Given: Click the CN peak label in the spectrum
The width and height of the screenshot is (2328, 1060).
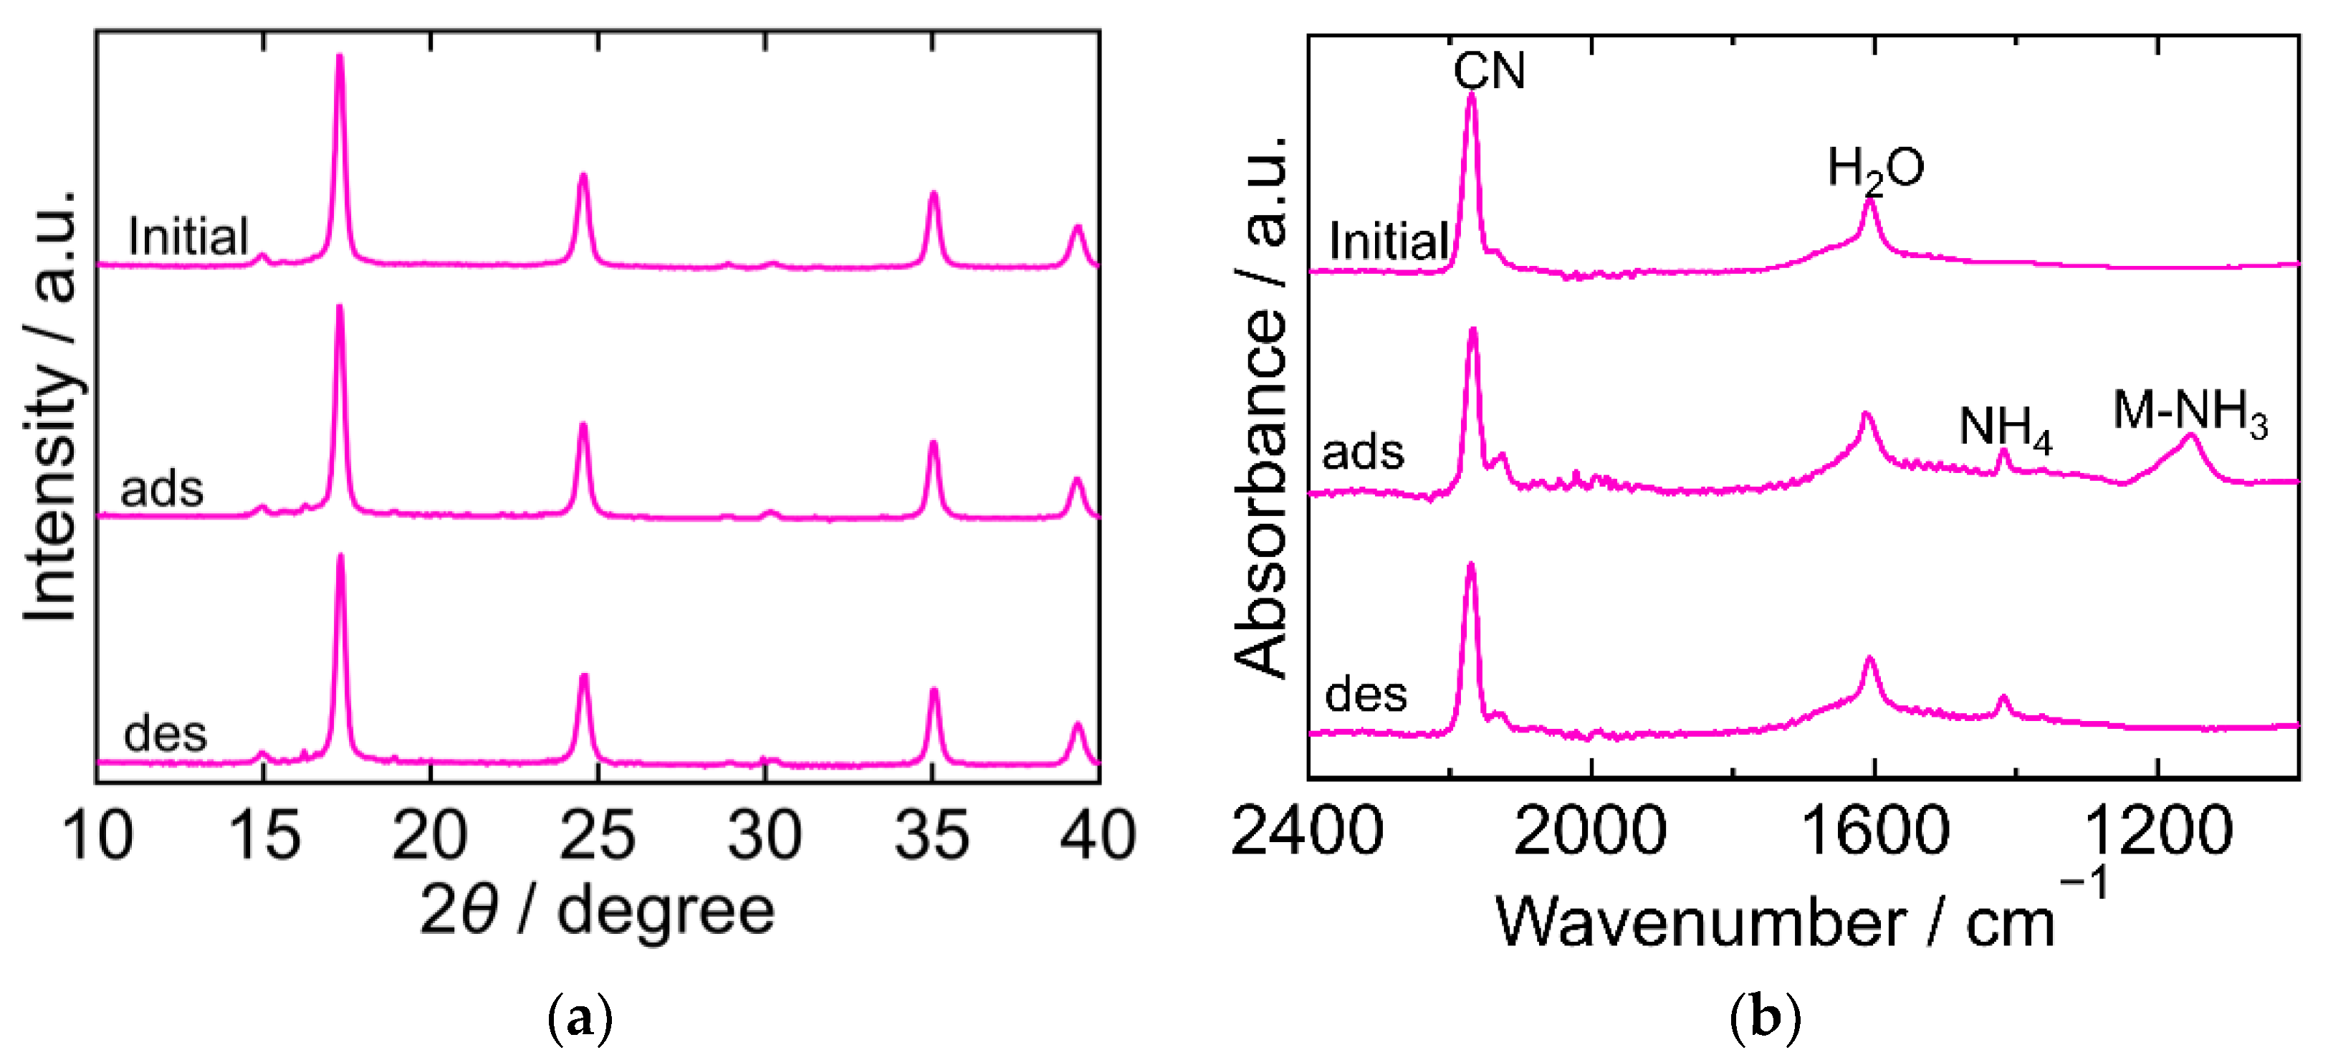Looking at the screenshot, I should click(1488, 70).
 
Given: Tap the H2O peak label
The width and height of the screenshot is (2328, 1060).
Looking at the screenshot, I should click(1875, 169).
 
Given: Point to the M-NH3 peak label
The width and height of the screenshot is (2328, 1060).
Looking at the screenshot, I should click(2190, 414).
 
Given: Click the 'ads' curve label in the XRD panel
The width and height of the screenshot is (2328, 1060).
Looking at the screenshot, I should click(162, 489).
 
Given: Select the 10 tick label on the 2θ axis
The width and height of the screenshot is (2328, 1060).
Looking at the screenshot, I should click(97, 835).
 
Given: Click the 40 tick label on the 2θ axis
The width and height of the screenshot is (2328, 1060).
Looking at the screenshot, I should click(1097, 835).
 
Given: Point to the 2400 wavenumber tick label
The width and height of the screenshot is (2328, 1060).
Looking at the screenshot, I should click(1307, 831).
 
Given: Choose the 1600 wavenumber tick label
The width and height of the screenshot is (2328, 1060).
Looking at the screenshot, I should click(1875, 831).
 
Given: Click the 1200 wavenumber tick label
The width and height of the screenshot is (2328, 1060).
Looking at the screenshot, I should click(2158, 831).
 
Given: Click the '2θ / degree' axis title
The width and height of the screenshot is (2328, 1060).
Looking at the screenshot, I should click(598, 911).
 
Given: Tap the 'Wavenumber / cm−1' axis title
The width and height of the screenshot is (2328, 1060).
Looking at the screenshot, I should click(1798, 920).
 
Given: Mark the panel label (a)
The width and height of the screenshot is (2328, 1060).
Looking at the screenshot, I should click(580, 1018).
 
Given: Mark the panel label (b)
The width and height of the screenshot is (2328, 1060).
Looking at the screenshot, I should click(1765, 1018).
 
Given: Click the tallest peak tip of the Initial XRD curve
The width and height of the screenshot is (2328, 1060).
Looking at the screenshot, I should click(340, 57).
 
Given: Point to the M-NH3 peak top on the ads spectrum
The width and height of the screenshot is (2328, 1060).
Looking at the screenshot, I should click(2190, 436).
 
